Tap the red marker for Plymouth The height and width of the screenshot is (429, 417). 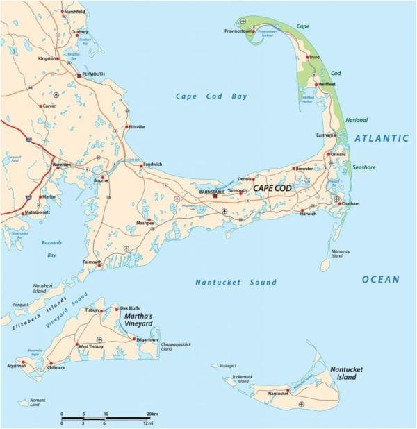[79, 74]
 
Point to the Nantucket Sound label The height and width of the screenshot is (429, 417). [236, 283]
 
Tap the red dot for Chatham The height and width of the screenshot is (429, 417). [340, 203]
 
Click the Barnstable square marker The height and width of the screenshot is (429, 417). [215, 196]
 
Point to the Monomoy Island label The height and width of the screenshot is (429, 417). [340, 253]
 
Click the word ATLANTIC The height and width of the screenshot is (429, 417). [382, 139]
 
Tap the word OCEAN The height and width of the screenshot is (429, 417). [380, 279]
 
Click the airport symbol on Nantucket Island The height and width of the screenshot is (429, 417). [301, 404]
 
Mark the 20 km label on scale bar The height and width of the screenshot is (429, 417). [153, 414]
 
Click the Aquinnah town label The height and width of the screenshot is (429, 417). [16, 366]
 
